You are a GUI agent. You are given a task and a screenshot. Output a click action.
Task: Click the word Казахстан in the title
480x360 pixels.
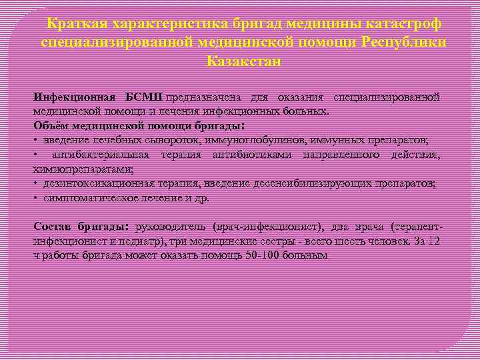pos(244,61)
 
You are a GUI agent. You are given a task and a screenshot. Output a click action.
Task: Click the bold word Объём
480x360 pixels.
pos(51,125)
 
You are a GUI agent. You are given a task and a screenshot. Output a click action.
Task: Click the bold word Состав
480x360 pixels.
pos(51,227)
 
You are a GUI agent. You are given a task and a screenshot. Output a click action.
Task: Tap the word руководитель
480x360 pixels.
pos(171,227)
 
